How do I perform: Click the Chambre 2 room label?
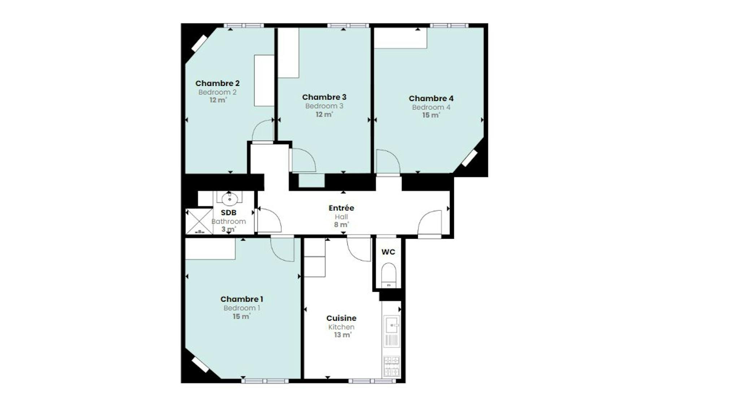[217, 83]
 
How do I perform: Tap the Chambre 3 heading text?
[324, 97]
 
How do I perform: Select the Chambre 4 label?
[431, 98]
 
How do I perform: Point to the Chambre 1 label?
[241, 299]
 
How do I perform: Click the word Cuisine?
[341, 318]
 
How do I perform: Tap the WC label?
[388, 252]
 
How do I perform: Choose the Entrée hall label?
[341, 208]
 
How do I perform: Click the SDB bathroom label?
[228, 213]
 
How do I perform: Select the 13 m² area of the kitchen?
[342, 335]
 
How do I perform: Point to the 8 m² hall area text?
[341, 225]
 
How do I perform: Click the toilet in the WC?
[389, 276]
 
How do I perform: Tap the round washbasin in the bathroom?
[229, 198]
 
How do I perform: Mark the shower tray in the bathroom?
[199, 221]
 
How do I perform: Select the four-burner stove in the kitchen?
[392, 367]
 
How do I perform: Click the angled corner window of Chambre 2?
[199, 43]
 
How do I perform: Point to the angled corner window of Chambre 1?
[200, 365]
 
